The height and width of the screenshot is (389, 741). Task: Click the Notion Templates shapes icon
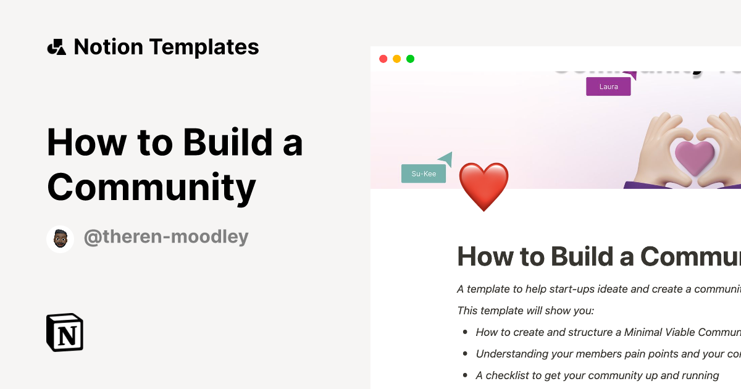pos(56,47)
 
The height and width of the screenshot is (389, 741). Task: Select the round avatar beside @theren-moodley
pos(60,239)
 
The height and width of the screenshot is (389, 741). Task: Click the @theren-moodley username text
pos(166,237)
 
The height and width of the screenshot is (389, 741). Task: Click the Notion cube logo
pos(65,332)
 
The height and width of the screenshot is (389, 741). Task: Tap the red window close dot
pos(383,59)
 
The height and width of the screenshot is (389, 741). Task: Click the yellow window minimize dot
pos(396,59)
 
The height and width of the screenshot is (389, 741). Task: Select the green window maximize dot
pos(410,59)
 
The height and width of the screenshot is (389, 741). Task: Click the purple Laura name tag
pos(608,87)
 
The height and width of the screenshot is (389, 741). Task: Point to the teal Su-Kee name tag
pos(424,174)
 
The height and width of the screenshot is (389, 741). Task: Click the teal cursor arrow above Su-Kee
pos(446,159)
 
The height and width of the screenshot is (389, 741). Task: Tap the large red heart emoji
pos(484,186)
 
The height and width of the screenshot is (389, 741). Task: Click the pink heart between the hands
pos(695,157)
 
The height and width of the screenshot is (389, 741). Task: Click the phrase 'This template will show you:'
pos(525,311)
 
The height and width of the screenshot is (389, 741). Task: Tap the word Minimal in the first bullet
pos(645,332)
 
